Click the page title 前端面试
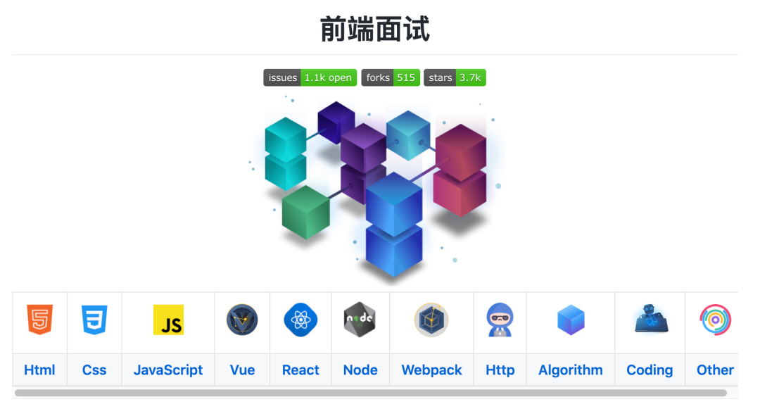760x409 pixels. point(374,29)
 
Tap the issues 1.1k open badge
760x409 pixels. point(310,77)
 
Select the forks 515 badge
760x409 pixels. point(391,77)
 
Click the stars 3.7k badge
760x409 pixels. point(455,77)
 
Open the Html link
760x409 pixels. point(39,370)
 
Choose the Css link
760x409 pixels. point(94,370)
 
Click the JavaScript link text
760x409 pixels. point(168,370)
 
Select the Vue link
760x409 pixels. point(242,370)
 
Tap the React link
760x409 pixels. point(300,370)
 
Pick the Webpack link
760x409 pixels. point(431,370)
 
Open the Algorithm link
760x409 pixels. point(571,370)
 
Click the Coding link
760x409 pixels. point(650,370)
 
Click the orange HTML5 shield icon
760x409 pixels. point(39,320)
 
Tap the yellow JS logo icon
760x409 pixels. point(168,320)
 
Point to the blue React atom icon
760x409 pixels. point(300,320)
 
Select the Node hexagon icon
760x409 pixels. point(360,320)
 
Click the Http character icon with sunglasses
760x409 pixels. point(500,320)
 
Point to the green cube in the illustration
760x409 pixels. point(306,211)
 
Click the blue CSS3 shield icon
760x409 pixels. point(94,320)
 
